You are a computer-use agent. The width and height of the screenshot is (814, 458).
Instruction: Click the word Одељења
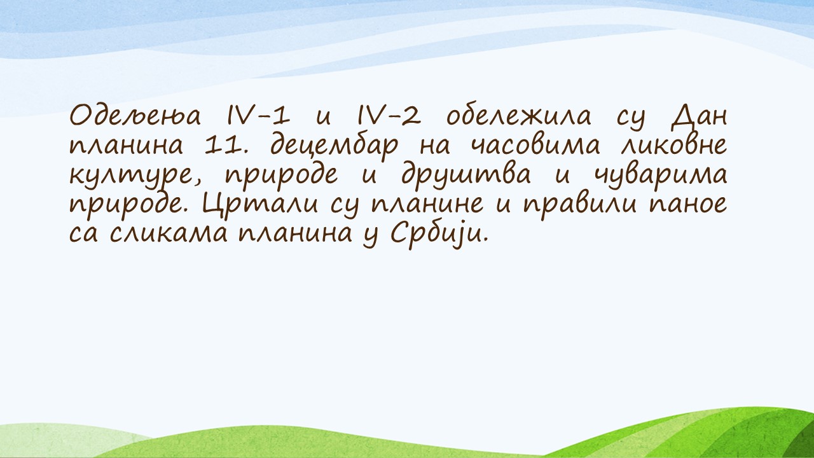(x=135, y=116)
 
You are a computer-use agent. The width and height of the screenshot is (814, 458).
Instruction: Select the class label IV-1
(x=258, y=116)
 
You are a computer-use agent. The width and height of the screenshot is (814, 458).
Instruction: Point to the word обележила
(x=518, y=116)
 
